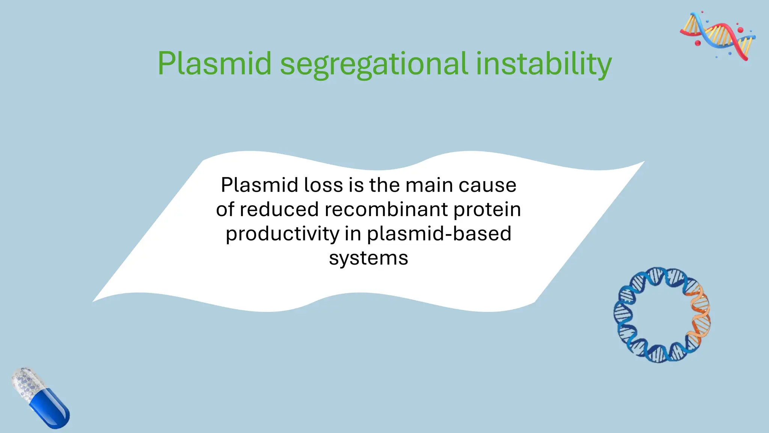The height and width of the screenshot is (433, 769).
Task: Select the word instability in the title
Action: [x=544, y=64]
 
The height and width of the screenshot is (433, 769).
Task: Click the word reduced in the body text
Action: [x=279, y=209]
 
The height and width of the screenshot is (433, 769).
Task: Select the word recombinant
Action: [x=386, y=209]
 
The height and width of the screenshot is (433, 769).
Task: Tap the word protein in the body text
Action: [x=487, y=210]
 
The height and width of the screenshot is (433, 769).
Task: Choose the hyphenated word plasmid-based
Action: [x=439, y=234]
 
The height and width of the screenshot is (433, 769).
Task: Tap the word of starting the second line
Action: [x=225, y=209]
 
